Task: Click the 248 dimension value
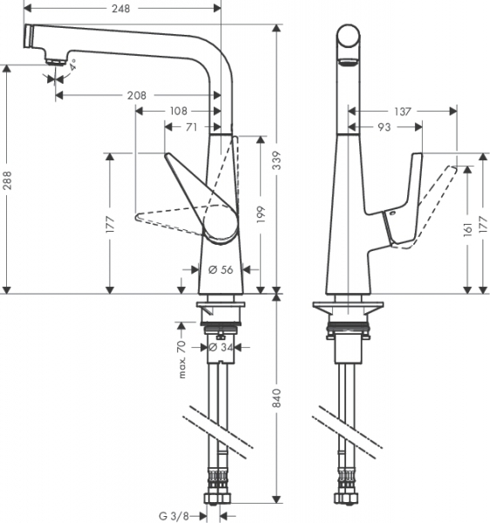(x=120, y=9)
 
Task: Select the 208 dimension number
(x=136, y=96)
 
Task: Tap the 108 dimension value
(x=179, y=111)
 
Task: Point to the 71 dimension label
(x=191, y=127)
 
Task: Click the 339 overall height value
(x=276, y=160)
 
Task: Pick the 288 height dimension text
(x=7, y=180)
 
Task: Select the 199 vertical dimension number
(x=262, y=214)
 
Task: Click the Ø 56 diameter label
(x=221, y=269)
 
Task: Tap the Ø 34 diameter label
(x=221, y=348)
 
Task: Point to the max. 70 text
(x=182, y=359)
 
